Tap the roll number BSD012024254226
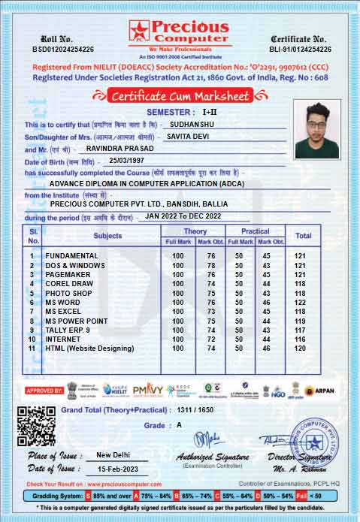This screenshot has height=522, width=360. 63,49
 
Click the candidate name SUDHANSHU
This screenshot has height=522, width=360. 195,124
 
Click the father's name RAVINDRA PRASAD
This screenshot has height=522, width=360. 120,149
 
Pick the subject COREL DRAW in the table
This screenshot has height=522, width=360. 69,284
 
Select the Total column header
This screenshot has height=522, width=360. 303,236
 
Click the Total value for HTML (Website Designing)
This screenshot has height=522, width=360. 300,349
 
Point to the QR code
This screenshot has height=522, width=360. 35,425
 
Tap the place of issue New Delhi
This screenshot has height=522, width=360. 117,455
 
